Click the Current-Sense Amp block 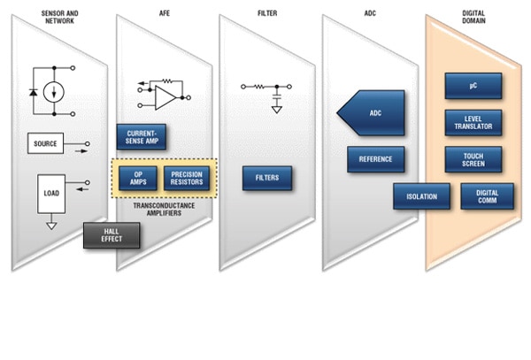tap(142, 137)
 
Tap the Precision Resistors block tap(184, 178)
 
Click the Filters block tap(267, 178)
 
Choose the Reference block tap(376, 159)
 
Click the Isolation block tap(421, 196)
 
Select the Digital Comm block tap(487, 196)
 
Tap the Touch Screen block tap(473, 159)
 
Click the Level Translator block tap(473, 122)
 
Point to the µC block tap(473, 86)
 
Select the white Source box tap(45, 143)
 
